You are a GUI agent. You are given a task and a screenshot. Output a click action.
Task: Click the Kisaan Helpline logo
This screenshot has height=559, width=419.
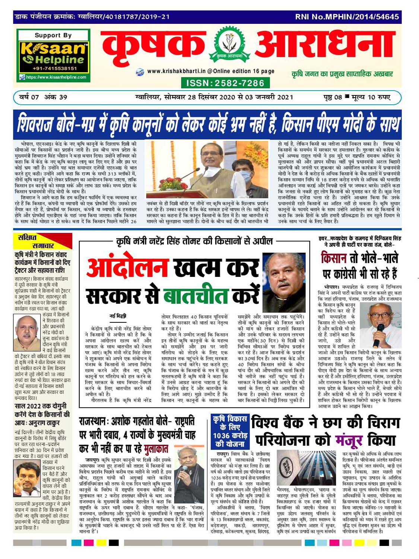53,53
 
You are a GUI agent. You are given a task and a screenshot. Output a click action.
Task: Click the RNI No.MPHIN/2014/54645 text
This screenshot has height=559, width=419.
347,17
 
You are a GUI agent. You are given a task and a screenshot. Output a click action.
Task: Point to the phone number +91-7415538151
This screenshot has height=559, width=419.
54,69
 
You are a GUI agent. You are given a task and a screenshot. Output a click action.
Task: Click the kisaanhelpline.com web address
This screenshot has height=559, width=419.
56,78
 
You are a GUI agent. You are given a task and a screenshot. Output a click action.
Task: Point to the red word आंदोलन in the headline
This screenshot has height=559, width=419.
127,268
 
